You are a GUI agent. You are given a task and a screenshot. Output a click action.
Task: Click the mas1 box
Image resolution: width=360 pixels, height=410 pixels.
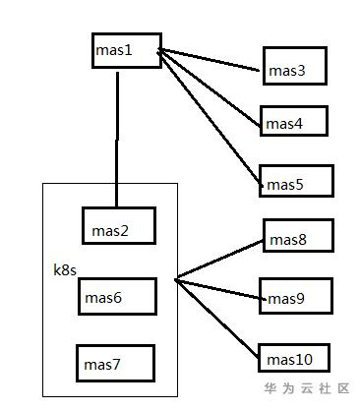point(126,49)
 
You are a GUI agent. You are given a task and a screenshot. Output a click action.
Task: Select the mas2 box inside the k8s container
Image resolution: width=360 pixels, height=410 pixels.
point(118,226)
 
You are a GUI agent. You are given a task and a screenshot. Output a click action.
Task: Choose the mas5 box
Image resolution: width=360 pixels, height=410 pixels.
point(297,181)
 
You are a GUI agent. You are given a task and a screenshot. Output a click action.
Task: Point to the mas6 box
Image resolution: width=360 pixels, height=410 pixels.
point(119,295)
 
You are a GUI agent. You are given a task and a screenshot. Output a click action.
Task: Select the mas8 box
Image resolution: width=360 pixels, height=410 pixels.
point(298,236)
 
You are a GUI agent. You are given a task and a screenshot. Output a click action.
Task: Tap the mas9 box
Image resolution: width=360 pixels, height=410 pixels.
point(296,295)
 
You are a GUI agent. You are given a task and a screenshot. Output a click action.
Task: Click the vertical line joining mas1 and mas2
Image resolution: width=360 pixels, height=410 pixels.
point(118,138)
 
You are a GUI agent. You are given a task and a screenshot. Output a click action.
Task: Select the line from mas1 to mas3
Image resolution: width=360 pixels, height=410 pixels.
point(212,59)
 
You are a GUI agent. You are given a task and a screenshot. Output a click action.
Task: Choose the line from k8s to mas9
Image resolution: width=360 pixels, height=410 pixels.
point(218,288)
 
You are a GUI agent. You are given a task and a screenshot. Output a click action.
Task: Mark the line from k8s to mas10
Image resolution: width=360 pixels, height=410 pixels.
point(216,317)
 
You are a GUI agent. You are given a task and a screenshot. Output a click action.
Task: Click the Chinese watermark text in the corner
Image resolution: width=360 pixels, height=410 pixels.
point(308,389)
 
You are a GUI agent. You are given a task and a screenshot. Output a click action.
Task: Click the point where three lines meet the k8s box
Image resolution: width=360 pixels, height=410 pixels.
point(177,280)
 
